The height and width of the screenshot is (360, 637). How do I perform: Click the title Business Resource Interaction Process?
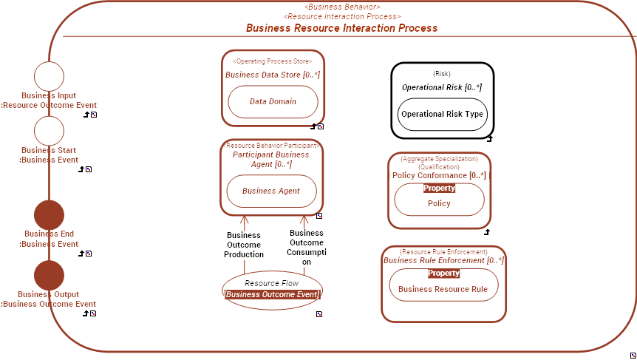(341, 28)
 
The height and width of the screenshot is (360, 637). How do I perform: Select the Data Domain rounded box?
(273, 102)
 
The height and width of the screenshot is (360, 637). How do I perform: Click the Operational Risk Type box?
(443, 115)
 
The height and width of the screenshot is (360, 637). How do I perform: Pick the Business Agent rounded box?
(271, 191)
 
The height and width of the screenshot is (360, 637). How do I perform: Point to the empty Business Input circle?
(50, 77)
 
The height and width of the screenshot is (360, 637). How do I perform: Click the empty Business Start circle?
(50, 131)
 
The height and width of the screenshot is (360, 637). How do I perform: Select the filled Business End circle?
(50, 215)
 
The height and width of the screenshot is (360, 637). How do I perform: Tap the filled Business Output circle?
(50, 275)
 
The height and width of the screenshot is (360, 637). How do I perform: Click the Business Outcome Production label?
(244, 245)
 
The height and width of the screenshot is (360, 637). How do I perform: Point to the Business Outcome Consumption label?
(306, 247)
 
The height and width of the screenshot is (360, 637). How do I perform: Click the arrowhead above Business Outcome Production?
(244, 219)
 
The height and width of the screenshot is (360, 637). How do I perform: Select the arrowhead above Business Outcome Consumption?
(304, 219)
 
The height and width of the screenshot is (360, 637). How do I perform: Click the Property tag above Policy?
(439, 188)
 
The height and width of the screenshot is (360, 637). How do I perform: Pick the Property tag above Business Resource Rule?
(443, 273)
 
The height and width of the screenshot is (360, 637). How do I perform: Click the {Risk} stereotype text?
(441, 74)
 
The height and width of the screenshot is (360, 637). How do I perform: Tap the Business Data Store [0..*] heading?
(273, 75)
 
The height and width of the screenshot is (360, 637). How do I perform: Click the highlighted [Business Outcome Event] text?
(272, 294)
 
